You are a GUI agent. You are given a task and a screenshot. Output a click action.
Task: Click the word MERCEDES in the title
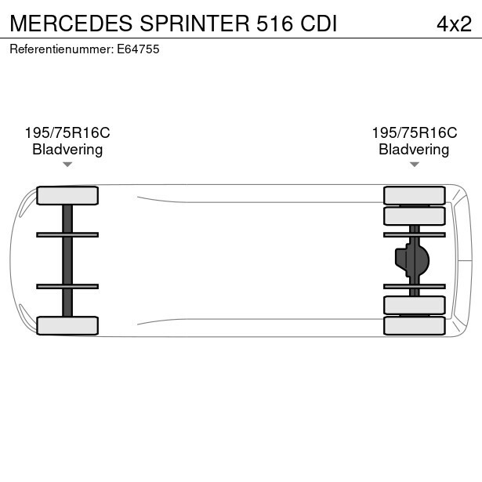point(71,24)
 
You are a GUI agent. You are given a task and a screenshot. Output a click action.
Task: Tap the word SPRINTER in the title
point(194,24)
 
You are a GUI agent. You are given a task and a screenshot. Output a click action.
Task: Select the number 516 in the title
point(274,24)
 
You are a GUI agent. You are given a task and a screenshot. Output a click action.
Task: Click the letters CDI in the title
point(319,24)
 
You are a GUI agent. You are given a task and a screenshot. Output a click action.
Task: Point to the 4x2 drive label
point(454,24)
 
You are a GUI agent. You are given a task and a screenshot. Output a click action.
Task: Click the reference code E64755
point(138,49)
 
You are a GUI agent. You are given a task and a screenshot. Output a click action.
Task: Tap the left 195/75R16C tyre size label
point(67,132)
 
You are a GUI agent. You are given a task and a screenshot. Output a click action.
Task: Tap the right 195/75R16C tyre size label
point(415,132)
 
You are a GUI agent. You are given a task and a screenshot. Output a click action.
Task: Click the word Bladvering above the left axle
point(67,150)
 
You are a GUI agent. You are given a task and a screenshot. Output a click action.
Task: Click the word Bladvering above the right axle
point(414,150)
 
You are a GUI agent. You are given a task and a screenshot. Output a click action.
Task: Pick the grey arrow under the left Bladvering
point(67,165)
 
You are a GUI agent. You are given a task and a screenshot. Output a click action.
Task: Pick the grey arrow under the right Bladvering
point(415,165)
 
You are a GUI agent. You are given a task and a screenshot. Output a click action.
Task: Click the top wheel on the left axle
point(67,195)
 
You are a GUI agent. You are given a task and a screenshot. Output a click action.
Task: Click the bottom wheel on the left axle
point(67,325)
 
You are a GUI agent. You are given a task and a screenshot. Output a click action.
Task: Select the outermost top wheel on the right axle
point(415,195)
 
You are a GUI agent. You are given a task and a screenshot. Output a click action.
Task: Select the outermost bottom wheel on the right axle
point(415,325)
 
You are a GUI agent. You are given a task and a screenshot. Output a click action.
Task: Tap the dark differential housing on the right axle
point(412,260)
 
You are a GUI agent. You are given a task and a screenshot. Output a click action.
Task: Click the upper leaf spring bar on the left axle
point(67,235)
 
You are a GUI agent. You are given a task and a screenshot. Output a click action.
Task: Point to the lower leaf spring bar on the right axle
point(415,287)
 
